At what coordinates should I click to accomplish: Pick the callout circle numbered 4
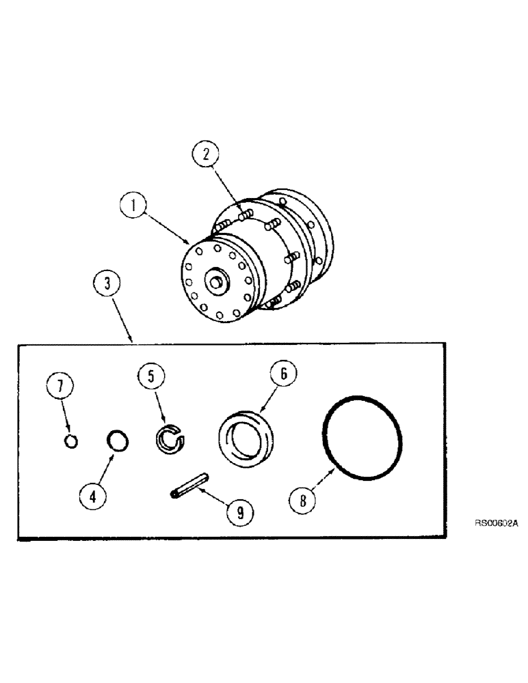tap(94, 496)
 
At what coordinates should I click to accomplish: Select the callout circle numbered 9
tap(239, 513)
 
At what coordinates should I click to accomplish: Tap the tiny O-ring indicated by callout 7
tap(71, 442)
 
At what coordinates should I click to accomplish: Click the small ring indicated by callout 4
tap(118, 441)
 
